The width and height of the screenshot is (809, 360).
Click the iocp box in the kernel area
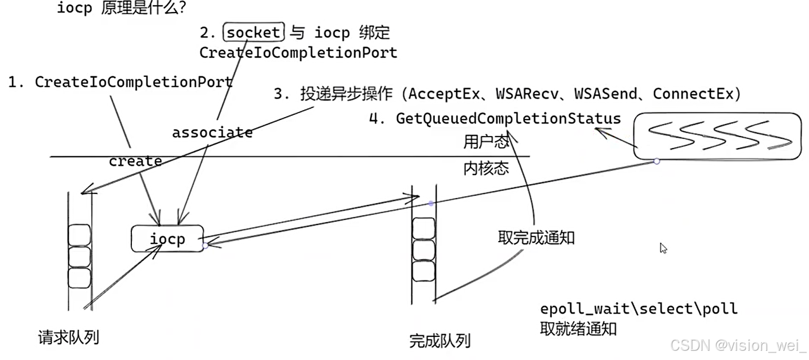coord(167,238)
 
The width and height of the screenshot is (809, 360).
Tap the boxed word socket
coord(253,33)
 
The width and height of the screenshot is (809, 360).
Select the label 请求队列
coord(68,337)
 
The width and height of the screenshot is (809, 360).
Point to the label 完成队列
coord(439,341)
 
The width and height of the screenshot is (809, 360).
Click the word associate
coord(212,133)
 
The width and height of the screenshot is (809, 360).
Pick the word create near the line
coord(135,161)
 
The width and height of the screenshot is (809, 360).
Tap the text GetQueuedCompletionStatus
coord(508,119)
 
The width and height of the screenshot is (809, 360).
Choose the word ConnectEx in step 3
coord(693,94)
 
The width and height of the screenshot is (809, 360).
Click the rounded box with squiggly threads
coord(717,136)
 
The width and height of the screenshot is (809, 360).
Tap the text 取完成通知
coord(536,237)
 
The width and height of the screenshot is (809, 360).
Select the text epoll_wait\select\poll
coord(639,309)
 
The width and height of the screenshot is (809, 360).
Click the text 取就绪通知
coord(578,329)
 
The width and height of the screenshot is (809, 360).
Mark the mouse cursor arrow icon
coord(663,248)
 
